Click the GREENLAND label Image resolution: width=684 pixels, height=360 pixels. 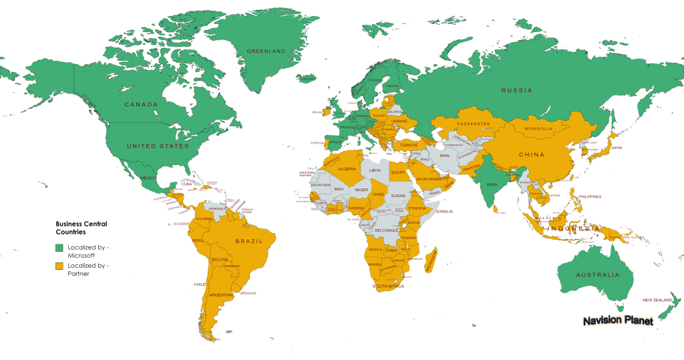(266, 51)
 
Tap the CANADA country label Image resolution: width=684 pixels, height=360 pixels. (141, 105)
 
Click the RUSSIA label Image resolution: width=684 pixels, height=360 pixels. (517, 90)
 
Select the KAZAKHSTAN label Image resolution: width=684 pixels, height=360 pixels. (474, 124)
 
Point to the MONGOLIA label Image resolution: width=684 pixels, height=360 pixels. (538, 129)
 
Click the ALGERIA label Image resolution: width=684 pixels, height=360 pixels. (347, 169)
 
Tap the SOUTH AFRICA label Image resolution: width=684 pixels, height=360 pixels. (389, 287)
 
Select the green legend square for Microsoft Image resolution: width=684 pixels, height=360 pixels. (59, 248)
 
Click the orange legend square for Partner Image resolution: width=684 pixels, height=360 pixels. (59, 266)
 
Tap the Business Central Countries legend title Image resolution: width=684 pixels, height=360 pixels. (81, 228)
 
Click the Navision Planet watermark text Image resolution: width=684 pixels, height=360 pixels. (618, 321)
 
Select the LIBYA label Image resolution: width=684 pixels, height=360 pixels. (375, 171)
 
